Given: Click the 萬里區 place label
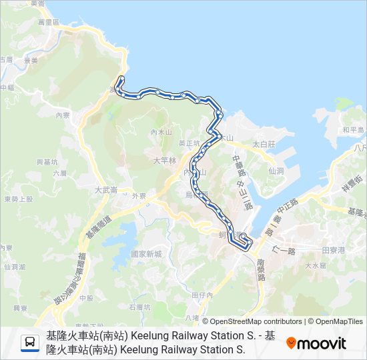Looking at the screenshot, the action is point(49,22).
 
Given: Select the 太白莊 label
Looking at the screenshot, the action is point(264,144).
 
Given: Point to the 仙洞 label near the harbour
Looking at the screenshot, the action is point(276,171).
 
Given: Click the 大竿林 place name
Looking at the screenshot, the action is point(164,160).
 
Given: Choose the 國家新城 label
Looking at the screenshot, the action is point(146,254).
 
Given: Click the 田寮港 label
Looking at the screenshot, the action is point(332,250).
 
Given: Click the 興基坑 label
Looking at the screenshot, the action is point(47,161).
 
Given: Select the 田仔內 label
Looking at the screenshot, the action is point(202,295).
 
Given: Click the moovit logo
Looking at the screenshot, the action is point(316,343).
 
